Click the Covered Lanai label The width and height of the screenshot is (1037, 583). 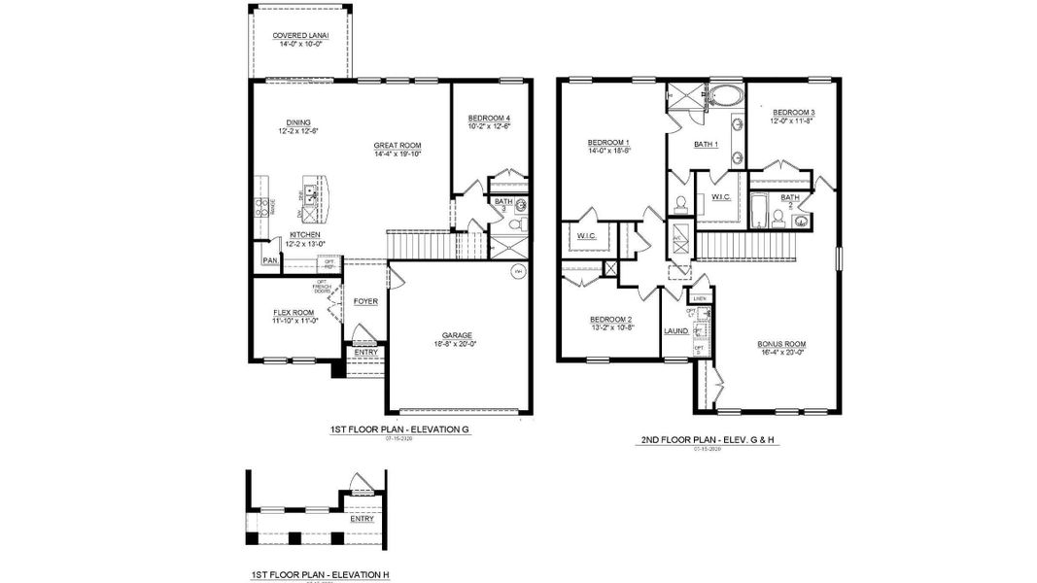pyautogui.click(x=300, y=36)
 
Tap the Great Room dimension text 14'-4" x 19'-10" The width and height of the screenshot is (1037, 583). pyautogui.click(x=398, y=154)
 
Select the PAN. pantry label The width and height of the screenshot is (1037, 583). pyautogui.click(x=269, y=260)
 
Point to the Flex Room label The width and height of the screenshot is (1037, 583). pyautogui.click(x=293, y=312)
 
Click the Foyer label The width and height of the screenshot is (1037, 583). pyautogui.click(x=365, y=301)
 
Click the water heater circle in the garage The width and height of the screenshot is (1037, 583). pyautogui.click(x=517, y=271)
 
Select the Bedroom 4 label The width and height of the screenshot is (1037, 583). pyautogui.click(x=489, y=118)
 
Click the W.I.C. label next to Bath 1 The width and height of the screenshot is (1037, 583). pyautogui.click(x=720, y=197)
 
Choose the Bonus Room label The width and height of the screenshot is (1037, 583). pyautogui.click(x=781, y=344)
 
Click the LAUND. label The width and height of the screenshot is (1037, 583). pyautogui.click(x=675, y=331)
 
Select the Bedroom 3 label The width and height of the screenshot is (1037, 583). pyautogui.click(x=793, y=113)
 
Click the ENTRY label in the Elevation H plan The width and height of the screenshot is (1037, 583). pyautogui.click(x=362, y=518)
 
